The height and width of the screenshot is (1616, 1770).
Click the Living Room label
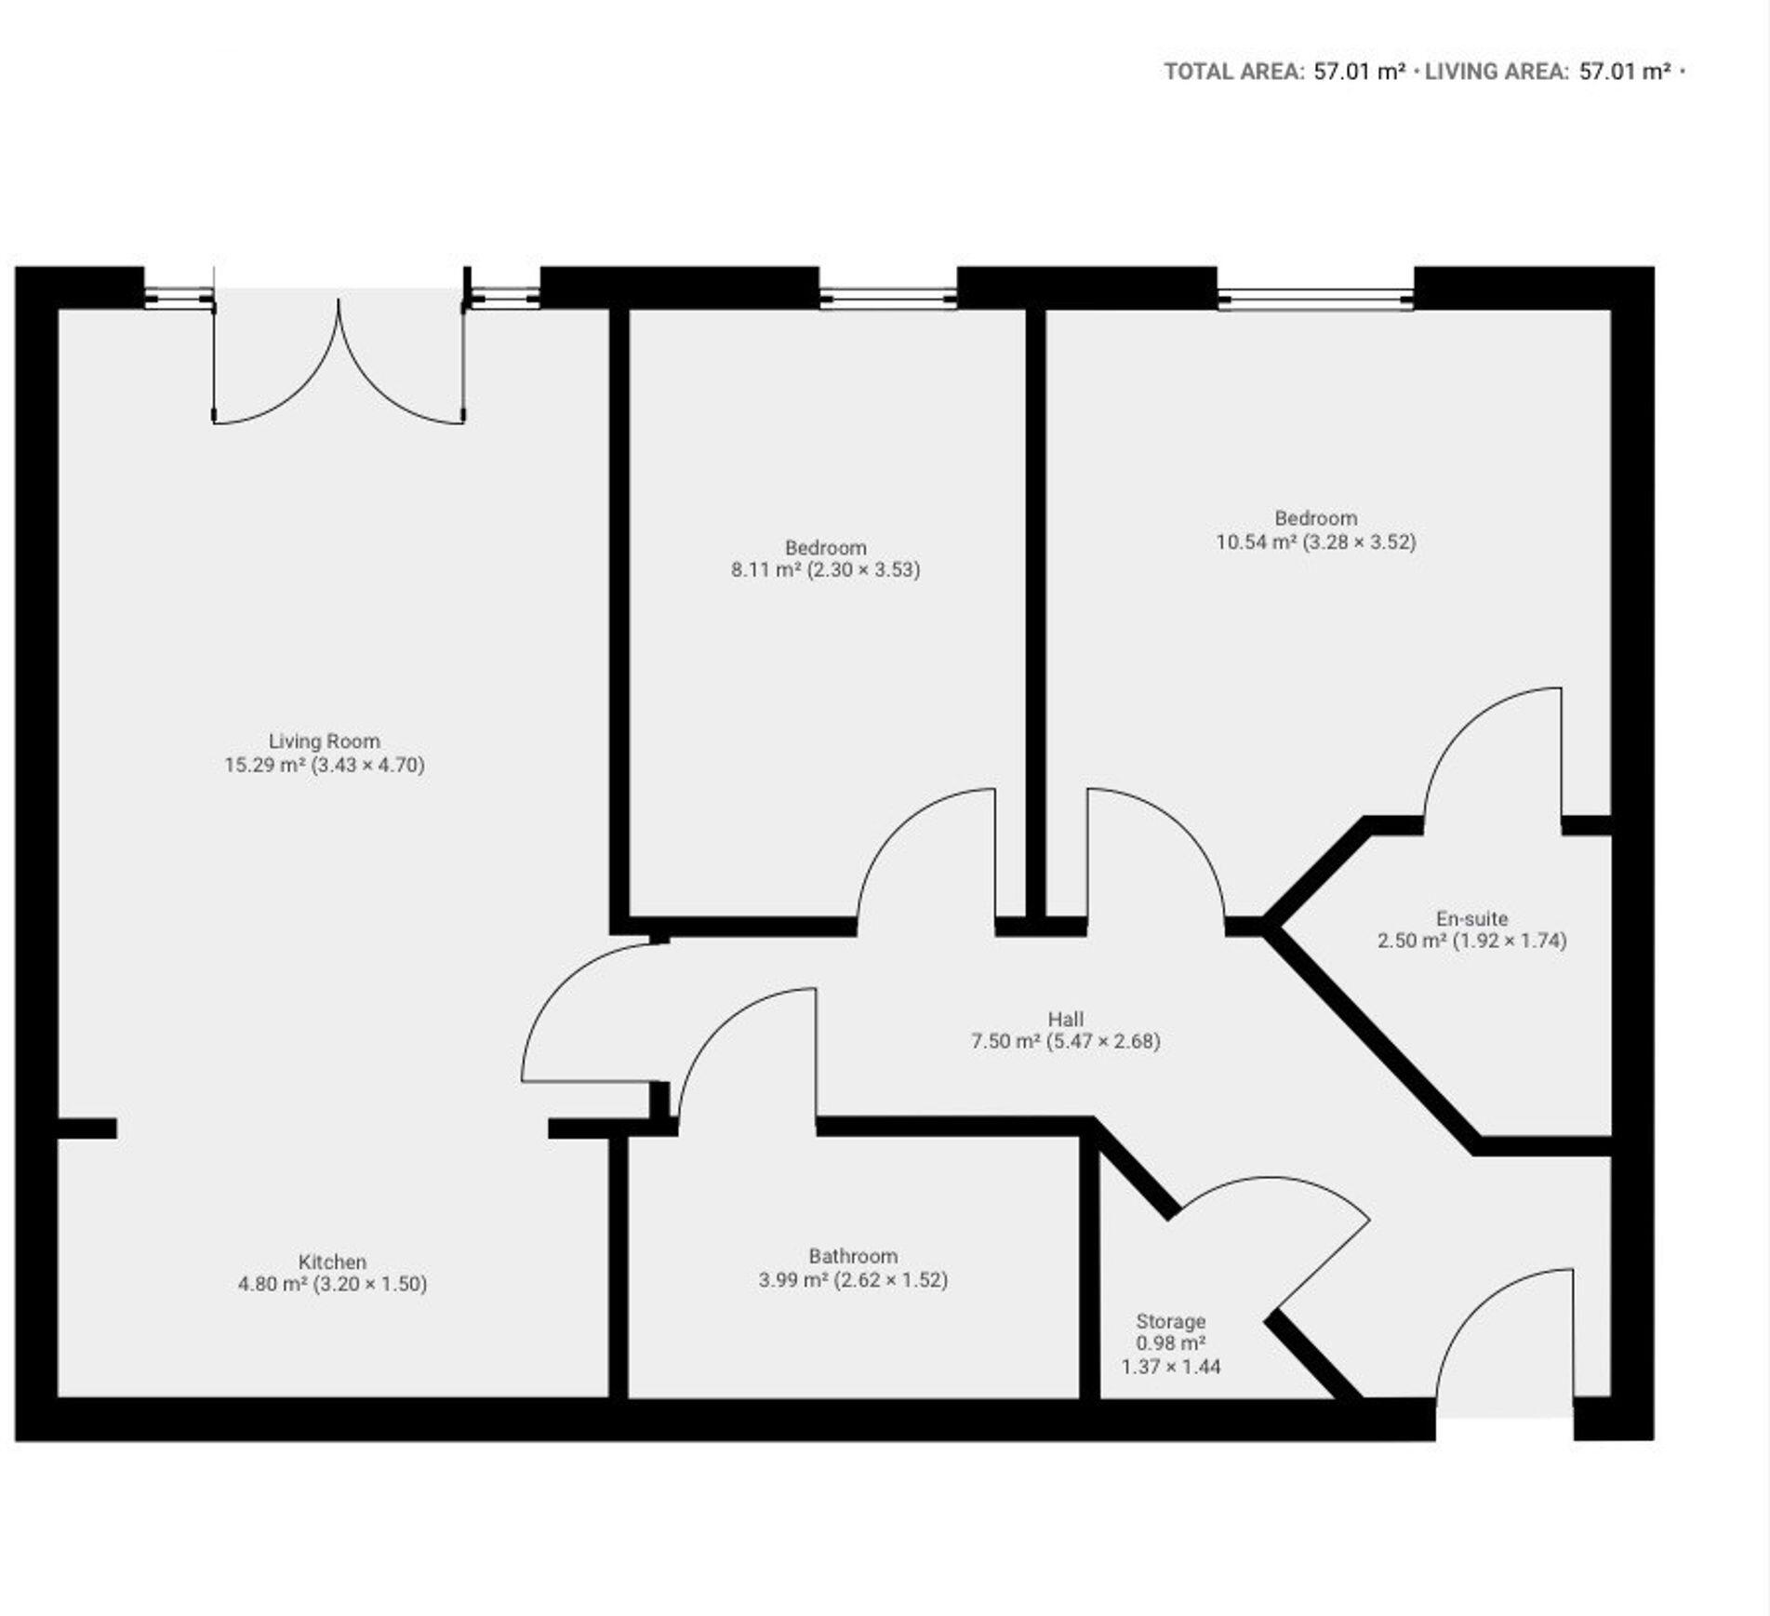[x=324, y=741]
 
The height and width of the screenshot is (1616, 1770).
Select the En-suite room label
[x=1471, y=918]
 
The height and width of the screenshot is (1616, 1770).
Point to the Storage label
[x=1170, y=1321]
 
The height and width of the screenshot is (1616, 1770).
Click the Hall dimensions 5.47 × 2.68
[x=1103, y=1041]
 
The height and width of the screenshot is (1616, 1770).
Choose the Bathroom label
[x=852, y=1256]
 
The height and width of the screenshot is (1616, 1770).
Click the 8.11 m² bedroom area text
[x=765, y=569]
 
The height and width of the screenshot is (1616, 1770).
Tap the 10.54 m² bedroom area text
[x=1256, y=541]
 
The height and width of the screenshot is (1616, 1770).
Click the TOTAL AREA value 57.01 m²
[x=1358, y=72]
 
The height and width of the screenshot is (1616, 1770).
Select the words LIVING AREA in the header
[x=1496, y=72]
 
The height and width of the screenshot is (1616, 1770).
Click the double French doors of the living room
[x=339, y=363]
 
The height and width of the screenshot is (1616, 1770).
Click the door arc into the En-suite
[x=1488, y=744]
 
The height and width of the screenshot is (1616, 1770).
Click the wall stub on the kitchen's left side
[x=87, y=1129]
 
